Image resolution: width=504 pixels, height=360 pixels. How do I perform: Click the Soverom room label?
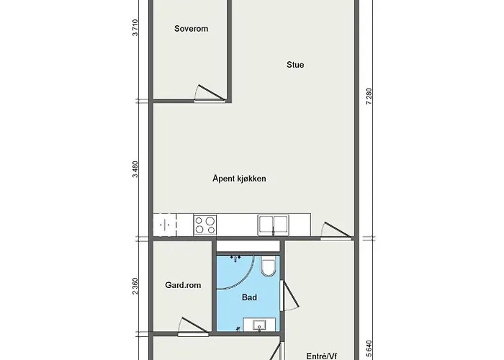click(x=192, y=30)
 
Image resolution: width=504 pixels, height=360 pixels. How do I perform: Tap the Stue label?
click(x=294, y=65)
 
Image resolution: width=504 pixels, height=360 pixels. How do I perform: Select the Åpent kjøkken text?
click(x=240, y=179)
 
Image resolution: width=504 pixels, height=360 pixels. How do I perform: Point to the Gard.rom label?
click(x=184, y=285)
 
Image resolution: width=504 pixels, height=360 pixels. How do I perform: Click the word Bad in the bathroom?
click(x=250, y=297)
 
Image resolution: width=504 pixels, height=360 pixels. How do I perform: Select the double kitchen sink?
click(x=274, y=225)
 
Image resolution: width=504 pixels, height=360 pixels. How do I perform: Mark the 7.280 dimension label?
click(x=369, y=96)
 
